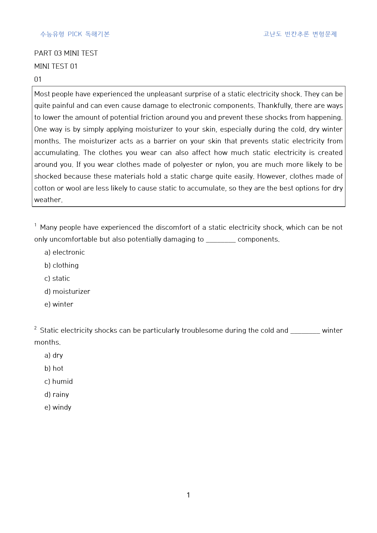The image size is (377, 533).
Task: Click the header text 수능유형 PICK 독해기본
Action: point(75,34)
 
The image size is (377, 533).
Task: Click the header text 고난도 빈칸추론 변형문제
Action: point(300,34)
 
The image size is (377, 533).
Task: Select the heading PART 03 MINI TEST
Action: point(66,53)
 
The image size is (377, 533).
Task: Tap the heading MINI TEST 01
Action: point(56,66)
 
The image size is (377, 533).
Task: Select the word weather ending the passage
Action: point(48,200)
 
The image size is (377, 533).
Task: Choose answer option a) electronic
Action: point(64,252)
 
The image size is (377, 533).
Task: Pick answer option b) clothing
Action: point(61,265)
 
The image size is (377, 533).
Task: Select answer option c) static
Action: point(57,278)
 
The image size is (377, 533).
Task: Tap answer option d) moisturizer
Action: point(67,291)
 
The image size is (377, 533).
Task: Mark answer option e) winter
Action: point(59,304)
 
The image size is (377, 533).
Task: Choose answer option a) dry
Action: point(54,355)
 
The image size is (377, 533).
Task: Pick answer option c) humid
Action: point(58,381)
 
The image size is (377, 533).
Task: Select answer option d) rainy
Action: point(57,394)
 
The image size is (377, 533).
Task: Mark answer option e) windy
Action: point(58,407)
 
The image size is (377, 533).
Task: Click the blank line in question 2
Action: point(305,332)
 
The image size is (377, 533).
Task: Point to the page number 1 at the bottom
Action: point(188,495)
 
